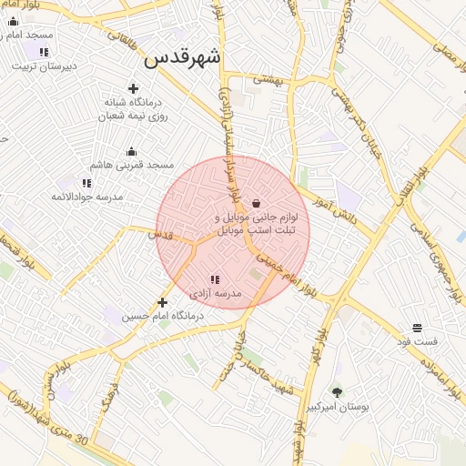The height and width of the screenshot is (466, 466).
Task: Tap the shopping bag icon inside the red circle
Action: pyautogui.click(x=256, y=203)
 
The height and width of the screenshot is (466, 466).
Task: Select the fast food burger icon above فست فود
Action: pyautogui.click(x=417, y=327)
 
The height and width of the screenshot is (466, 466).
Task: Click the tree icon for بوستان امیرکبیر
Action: pyautogui.click(x=338, y=392)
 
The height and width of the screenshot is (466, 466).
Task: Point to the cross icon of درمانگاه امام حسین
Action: pyautogui.click(x=162, y=302)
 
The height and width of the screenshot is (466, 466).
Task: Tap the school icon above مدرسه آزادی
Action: pyautogui.click(x=215, y=280)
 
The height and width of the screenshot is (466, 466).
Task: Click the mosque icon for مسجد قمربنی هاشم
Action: pyautogui.click(x=131, y=152)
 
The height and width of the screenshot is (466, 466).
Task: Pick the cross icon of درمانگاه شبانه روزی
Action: pyautogui.click(x=134, y=88)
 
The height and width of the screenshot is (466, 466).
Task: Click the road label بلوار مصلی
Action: pyautogui.click(x=446, y=64)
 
